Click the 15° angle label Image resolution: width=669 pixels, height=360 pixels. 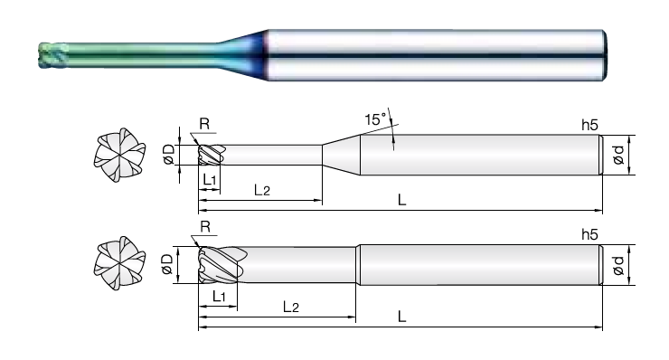click(375, 119)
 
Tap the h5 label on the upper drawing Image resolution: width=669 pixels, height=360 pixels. click(589, 125)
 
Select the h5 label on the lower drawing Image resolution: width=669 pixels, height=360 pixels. click(589, 234)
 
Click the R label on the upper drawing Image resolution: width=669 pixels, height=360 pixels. click(204, 124)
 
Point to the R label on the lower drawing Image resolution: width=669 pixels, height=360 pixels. click(205, 226)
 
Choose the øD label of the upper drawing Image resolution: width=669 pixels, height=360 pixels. click(169, 154)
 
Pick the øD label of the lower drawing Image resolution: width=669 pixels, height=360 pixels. click(167, 264)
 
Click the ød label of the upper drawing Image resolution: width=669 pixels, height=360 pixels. click(618, 155)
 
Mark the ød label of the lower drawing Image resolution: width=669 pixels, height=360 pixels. click(618, 265)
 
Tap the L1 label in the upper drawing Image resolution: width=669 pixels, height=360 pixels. click(210, 179)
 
